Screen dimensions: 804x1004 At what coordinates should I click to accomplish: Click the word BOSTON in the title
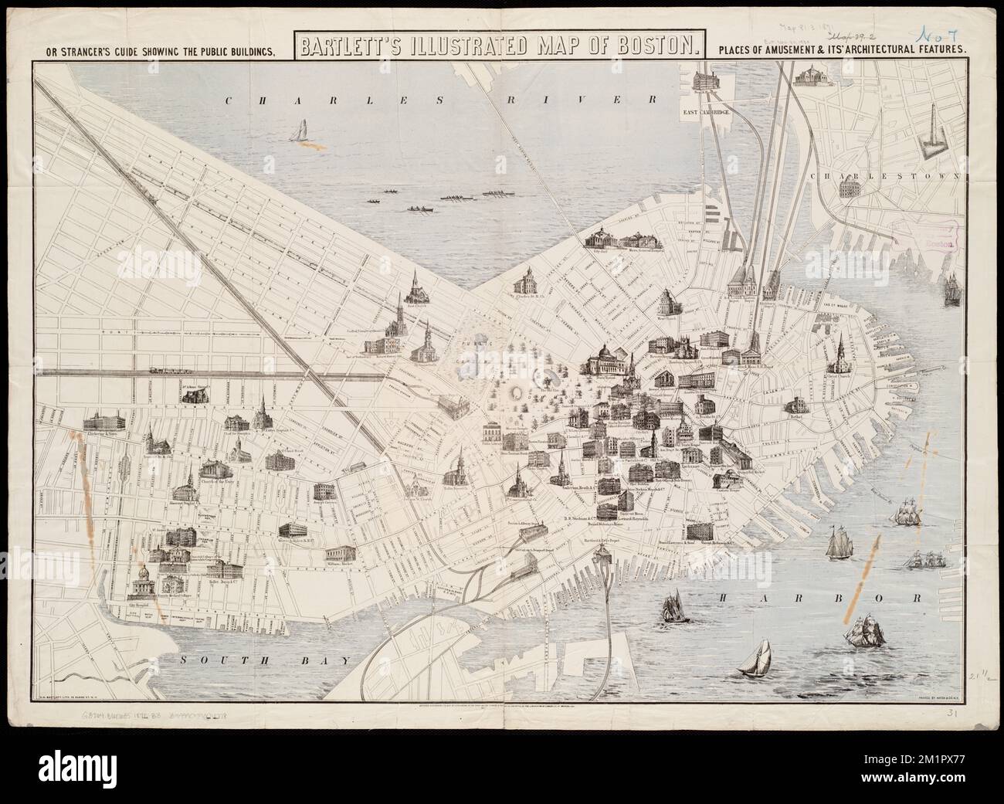[645, 47]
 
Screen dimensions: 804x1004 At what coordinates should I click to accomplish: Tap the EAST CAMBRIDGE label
[706, 113]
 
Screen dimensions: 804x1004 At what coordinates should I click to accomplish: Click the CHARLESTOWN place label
[887, 176]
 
